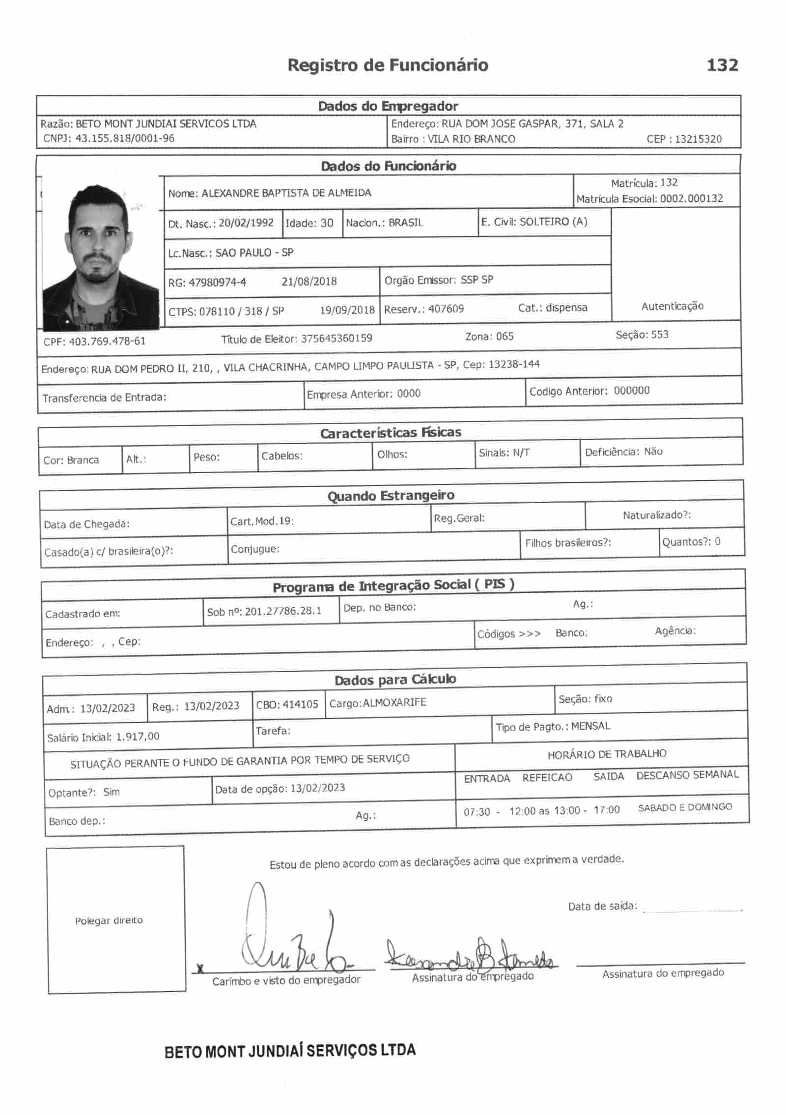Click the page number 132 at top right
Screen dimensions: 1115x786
tap(722, 65)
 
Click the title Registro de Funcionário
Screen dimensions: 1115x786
tap(388, 65)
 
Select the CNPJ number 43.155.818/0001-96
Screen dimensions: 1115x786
tap(125, 139)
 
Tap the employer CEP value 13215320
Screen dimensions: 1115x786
tap(698, 139)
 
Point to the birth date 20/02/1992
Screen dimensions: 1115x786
tap(246, 223)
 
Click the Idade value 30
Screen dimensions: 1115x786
tap(327, 223)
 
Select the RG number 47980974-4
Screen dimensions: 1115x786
tap(217, 283)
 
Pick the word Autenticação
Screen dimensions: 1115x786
tap(672, 306)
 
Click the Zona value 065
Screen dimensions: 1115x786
tap(504, 337)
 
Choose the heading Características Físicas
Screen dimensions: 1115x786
tap(391, 433)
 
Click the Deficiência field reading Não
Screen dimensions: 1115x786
tap(653, 452)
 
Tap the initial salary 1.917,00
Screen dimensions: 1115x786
tap(138, 737)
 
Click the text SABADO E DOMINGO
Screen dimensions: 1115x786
tap(685, 807)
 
